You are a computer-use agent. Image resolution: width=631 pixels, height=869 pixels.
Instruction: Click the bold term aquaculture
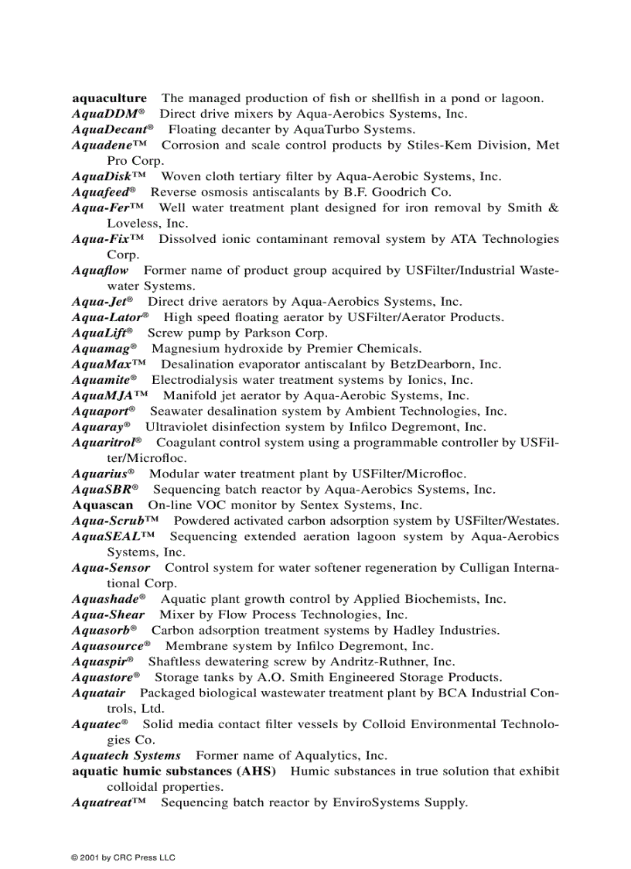109,98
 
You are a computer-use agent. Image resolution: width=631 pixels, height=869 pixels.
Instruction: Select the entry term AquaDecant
109,129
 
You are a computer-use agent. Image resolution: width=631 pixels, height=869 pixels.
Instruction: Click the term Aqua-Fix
103,239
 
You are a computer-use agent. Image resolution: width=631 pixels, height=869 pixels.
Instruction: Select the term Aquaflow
100,271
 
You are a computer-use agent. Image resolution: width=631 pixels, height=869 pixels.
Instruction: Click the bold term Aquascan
102,505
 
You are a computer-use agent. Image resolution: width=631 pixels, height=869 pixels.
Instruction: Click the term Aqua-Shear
108,615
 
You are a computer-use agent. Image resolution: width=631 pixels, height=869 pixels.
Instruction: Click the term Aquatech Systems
126,756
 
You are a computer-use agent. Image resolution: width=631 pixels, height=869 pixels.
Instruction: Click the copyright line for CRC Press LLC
124,857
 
